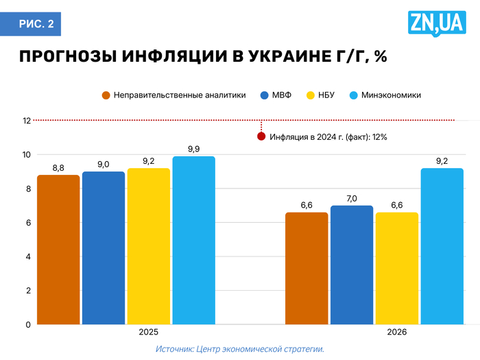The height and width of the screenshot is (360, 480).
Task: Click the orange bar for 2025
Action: [58, 250]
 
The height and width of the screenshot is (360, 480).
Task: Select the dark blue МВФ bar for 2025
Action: [104, 248]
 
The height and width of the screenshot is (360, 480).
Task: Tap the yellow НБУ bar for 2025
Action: [148, 246]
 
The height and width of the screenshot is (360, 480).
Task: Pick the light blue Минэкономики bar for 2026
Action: [442, 246]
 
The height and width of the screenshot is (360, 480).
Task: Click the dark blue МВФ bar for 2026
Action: [352, 265]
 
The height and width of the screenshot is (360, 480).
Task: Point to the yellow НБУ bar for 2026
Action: [396, 268]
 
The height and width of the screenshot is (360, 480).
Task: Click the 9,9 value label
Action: [193, 149]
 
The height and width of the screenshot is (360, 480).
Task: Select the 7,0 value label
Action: [352, 198]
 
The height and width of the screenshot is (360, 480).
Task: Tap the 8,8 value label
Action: [58, 167]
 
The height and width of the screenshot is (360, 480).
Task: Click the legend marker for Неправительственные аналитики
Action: [106, 95]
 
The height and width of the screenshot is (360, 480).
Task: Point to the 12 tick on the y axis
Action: [27, 121]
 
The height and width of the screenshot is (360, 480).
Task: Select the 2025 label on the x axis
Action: [149, 332]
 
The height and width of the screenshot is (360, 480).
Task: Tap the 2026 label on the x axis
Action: [397, 332]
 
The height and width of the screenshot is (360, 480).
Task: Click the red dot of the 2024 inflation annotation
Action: [261, 136]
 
